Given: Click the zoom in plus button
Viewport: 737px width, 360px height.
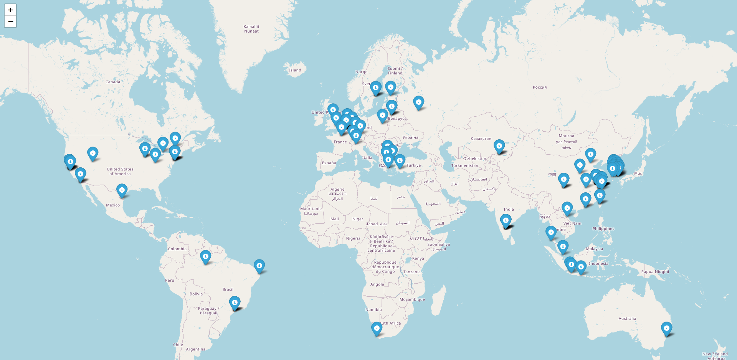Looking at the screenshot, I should pyautogui.click(x=10, y=10).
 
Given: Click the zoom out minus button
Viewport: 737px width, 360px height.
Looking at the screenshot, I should pyautogui.click(x=10, y=21).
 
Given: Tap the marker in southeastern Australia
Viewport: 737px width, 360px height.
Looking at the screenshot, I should pyautogui.click(x=666, y=329).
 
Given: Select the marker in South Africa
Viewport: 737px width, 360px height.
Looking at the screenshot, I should pyautogui.click(x=377, y=329).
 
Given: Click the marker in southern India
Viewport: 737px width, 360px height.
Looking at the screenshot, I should pyautogui.click(x=506, y=221).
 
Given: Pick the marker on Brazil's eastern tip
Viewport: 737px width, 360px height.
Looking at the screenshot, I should pyautogui.click(x=259, y=266).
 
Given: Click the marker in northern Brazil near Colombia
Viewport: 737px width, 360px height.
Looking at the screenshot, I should pyautogui.click(x=205, y=256).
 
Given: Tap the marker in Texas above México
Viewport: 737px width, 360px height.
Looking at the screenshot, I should pyautogui.click(x=122, y=190).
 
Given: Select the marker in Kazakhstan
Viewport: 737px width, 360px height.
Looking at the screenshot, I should pyautogui.click(x=499, y=146).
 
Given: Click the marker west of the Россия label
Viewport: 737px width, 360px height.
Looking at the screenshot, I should pyautogui.click(x=418, y=102).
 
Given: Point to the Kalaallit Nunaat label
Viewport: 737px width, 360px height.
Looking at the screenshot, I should pyautogui.click(x=251, y=29).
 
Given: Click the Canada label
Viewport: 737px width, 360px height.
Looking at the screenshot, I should pyautogui.click(x=113, y=82).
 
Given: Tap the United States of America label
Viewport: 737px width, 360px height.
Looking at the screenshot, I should pyautogui.click(x=120, y=171).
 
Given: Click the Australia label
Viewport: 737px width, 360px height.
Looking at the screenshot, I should pyautogui.click(x=627, y=319).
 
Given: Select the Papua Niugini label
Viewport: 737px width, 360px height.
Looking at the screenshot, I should pyautogui.click(x=655, y=272).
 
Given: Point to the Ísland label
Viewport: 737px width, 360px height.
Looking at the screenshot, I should pyautogui.click(x=295, y=70).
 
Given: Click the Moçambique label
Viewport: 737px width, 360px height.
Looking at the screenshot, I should pyautogui.click(x=412, y=299).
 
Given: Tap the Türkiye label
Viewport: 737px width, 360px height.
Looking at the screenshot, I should pyautogui.click(x=413, y=165).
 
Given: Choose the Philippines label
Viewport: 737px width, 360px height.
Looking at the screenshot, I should pyautogui.click(x=603, y=229).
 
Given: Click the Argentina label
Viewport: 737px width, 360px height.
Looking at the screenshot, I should pyautogui.click(x=195, y=349).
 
